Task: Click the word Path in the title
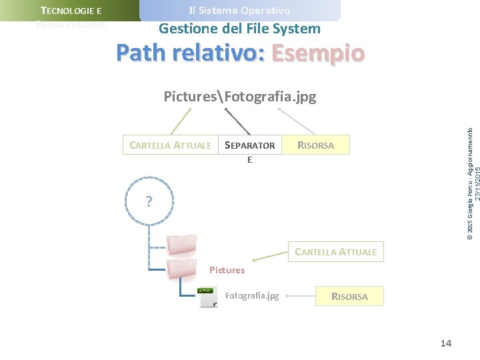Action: pyautogui.click(x=141, y=53)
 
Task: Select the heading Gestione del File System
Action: pyautogui.click(x=239, y=29)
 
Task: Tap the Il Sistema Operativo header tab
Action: pyautogui.click(x=239, y=11)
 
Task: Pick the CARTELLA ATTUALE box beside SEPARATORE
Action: pyautogui.click(x=171, y=145)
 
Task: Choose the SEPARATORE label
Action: pyautogui.click(x=250, y=146)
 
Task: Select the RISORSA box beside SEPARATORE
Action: pyautogui.click(x=316, y=145)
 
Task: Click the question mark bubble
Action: pyautogui.click(x=149, y=201)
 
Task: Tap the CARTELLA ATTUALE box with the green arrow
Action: pyautogui.click(x=335, y=251)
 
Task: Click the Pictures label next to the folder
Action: pyautogui.click(x=227, y=270)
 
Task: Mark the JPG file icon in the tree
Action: pyautogui.click(x=208, y=297)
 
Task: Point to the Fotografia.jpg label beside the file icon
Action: pyautogui.click(x=253, y=295)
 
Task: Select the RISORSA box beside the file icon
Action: pyautogui.click(x=349, y=296)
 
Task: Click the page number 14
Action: pyautogui.click(x=446, y=343)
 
